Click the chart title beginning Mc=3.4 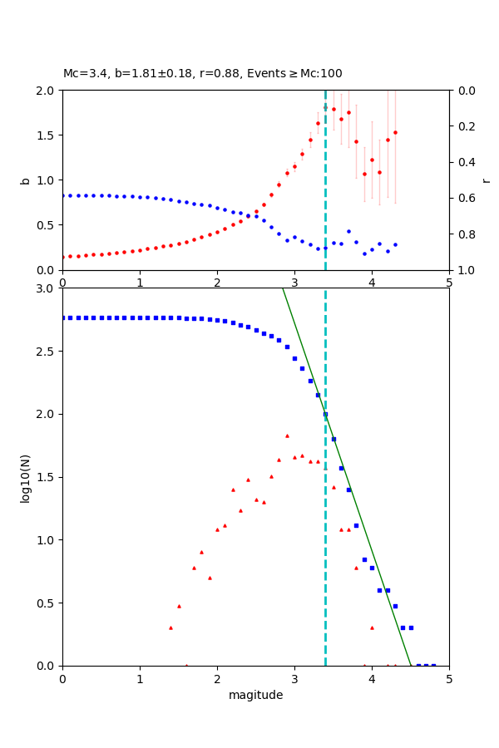click(202, 74)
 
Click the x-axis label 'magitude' click(255, 696)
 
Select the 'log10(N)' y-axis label click(25, 477)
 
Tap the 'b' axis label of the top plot click(25, 180)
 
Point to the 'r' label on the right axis click(486, 180)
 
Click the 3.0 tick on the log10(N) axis click(47, 288)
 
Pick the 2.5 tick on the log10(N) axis click(47, 352)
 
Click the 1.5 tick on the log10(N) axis click(47, 477)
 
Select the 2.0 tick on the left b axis click(47, 91)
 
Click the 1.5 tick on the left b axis click(47, 135)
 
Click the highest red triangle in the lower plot click(287, 436)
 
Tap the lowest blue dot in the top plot click(364, 253)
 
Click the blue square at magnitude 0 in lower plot click(63, 317)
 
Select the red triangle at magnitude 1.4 click(170, 627)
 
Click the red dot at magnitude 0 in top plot click(63, 257)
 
